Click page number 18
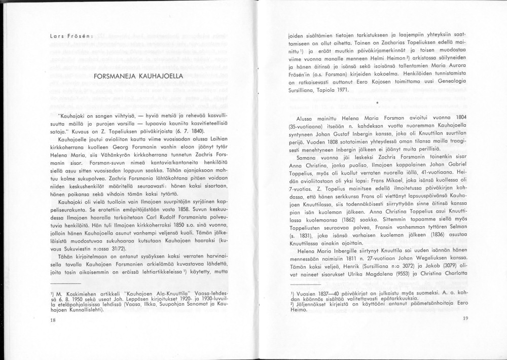(53, 320)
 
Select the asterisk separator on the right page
(378, 102)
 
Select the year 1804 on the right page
(461, 118)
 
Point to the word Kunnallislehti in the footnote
(84, 310)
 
